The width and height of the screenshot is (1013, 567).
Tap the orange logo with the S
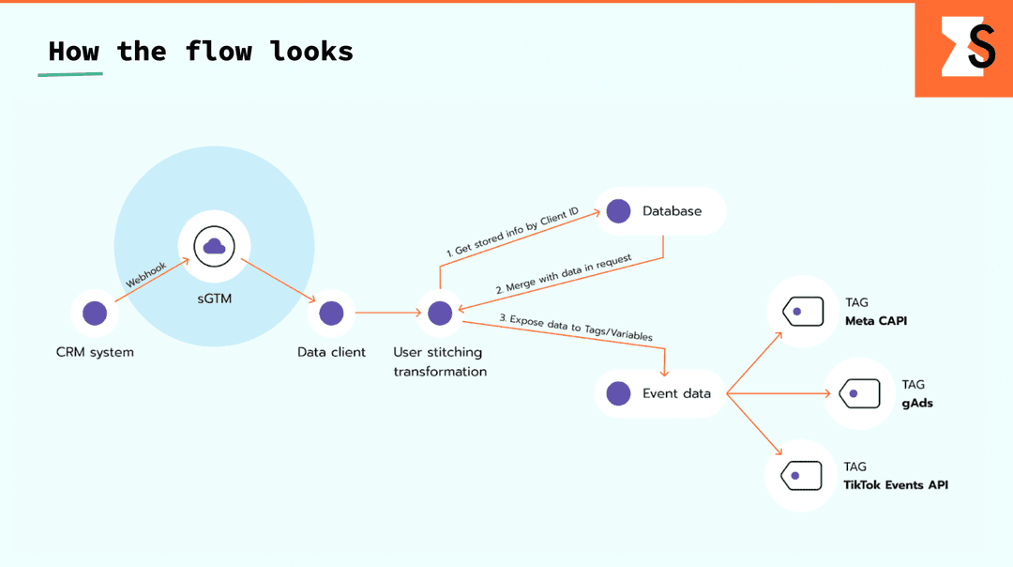(963, 49)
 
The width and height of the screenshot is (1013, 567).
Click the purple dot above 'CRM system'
(95, 314)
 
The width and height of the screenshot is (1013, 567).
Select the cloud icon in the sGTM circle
(214, 246)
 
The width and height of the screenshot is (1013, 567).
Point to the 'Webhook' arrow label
(145, 275)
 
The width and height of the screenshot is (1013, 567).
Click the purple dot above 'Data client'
(331, 314)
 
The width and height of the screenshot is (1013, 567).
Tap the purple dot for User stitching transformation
(440, 314)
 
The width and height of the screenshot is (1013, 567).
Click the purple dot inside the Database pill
(618, 211)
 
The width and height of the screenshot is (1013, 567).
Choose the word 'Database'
(672, 211)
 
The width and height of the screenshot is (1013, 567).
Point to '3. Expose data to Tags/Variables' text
(576, 327)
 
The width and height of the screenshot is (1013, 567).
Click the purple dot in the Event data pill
(618, 393)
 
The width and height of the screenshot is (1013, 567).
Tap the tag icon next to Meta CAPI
(801, 312)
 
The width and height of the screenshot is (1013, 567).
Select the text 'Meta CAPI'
(875, 321)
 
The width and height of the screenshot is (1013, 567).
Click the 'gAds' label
(917, 403)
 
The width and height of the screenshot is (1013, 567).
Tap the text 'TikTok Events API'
(896, 484)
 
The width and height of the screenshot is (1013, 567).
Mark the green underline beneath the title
(70, 73)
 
